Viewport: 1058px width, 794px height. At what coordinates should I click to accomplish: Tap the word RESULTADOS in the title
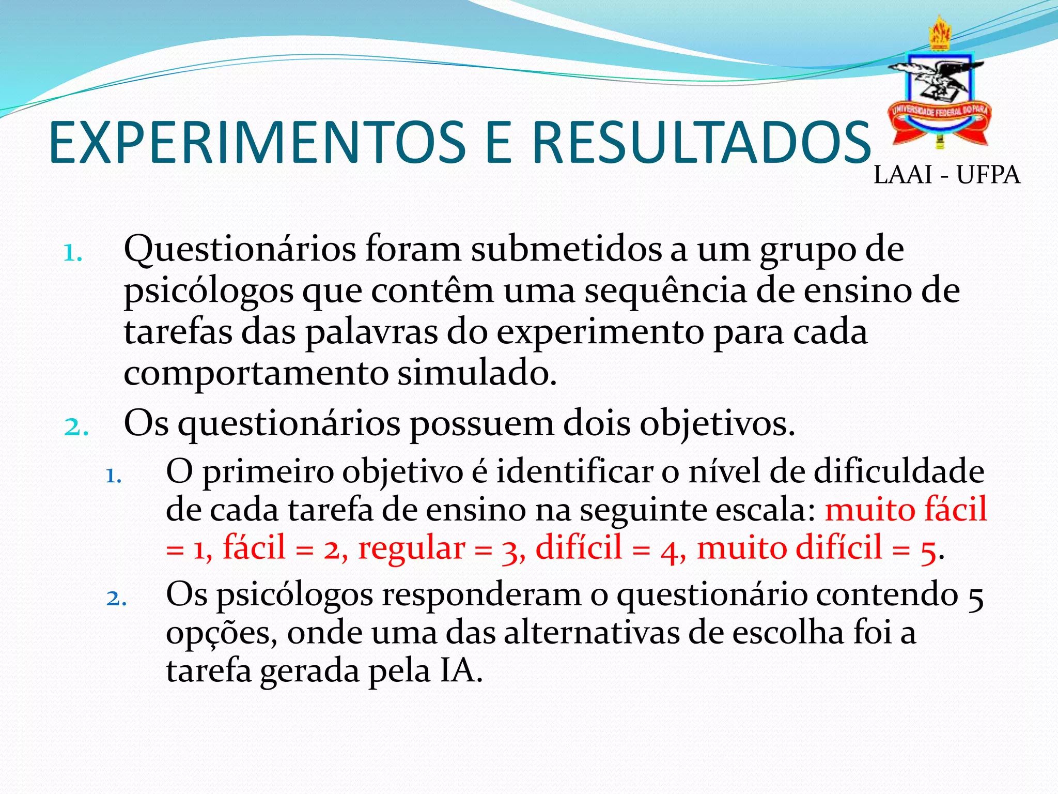[702, 143]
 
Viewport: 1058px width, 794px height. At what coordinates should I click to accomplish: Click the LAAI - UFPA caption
[946, 175]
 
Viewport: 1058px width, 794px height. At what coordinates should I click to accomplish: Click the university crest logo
[939, 83]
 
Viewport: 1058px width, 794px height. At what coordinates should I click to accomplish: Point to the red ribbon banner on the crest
[939, 119]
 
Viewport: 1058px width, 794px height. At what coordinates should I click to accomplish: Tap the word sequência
[665, 292]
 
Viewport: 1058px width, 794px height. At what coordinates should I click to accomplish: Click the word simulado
[477, 373]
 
